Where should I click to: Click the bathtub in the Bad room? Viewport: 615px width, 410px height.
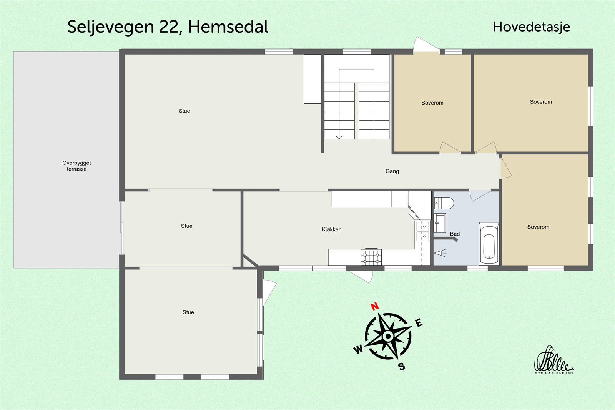[489, 244]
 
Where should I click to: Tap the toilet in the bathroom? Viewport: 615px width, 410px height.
[444, 203]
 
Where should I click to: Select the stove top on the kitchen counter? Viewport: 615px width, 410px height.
[371, 257]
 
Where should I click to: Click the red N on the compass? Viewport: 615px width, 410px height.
[375, 306]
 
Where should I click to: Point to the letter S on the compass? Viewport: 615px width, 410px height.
[402, 367]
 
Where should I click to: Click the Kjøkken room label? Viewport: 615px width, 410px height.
[331, 229]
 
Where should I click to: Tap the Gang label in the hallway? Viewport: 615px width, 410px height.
[392, 171]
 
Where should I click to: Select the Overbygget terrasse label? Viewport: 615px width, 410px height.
[76, 166]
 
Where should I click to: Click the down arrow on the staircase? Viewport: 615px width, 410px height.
[339, 136]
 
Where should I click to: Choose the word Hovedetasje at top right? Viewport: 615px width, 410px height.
[531, 27]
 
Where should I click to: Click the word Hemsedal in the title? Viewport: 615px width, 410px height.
[228, 27]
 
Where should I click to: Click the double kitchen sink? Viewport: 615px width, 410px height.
[422, 231]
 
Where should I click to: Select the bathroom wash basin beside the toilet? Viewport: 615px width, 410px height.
[440, 223]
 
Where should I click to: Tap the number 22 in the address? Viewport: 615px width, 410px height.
[170, 27]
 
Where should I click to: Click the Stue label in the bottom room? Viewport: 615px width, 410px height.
[188, 312]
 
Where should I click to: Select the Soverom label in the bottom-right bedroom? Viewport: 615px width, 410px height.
[538, 227]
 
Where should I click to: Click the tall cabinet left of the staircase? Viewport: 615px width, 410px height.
[312, 79]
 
